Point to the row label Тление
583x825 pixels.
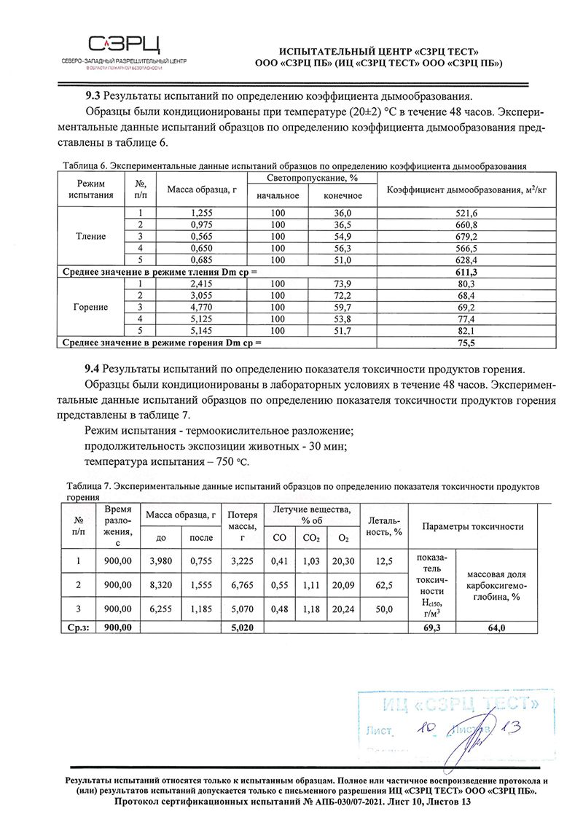click(x=91, y=236)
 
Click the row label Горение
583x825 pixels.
click(x=91, y=307)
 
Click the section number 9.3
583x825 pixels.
click(x=94, y=96)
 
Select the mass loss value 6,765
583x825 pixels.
click(x=240, y=584)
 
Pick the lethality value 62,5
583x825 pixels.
click(x=381, y=584)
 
